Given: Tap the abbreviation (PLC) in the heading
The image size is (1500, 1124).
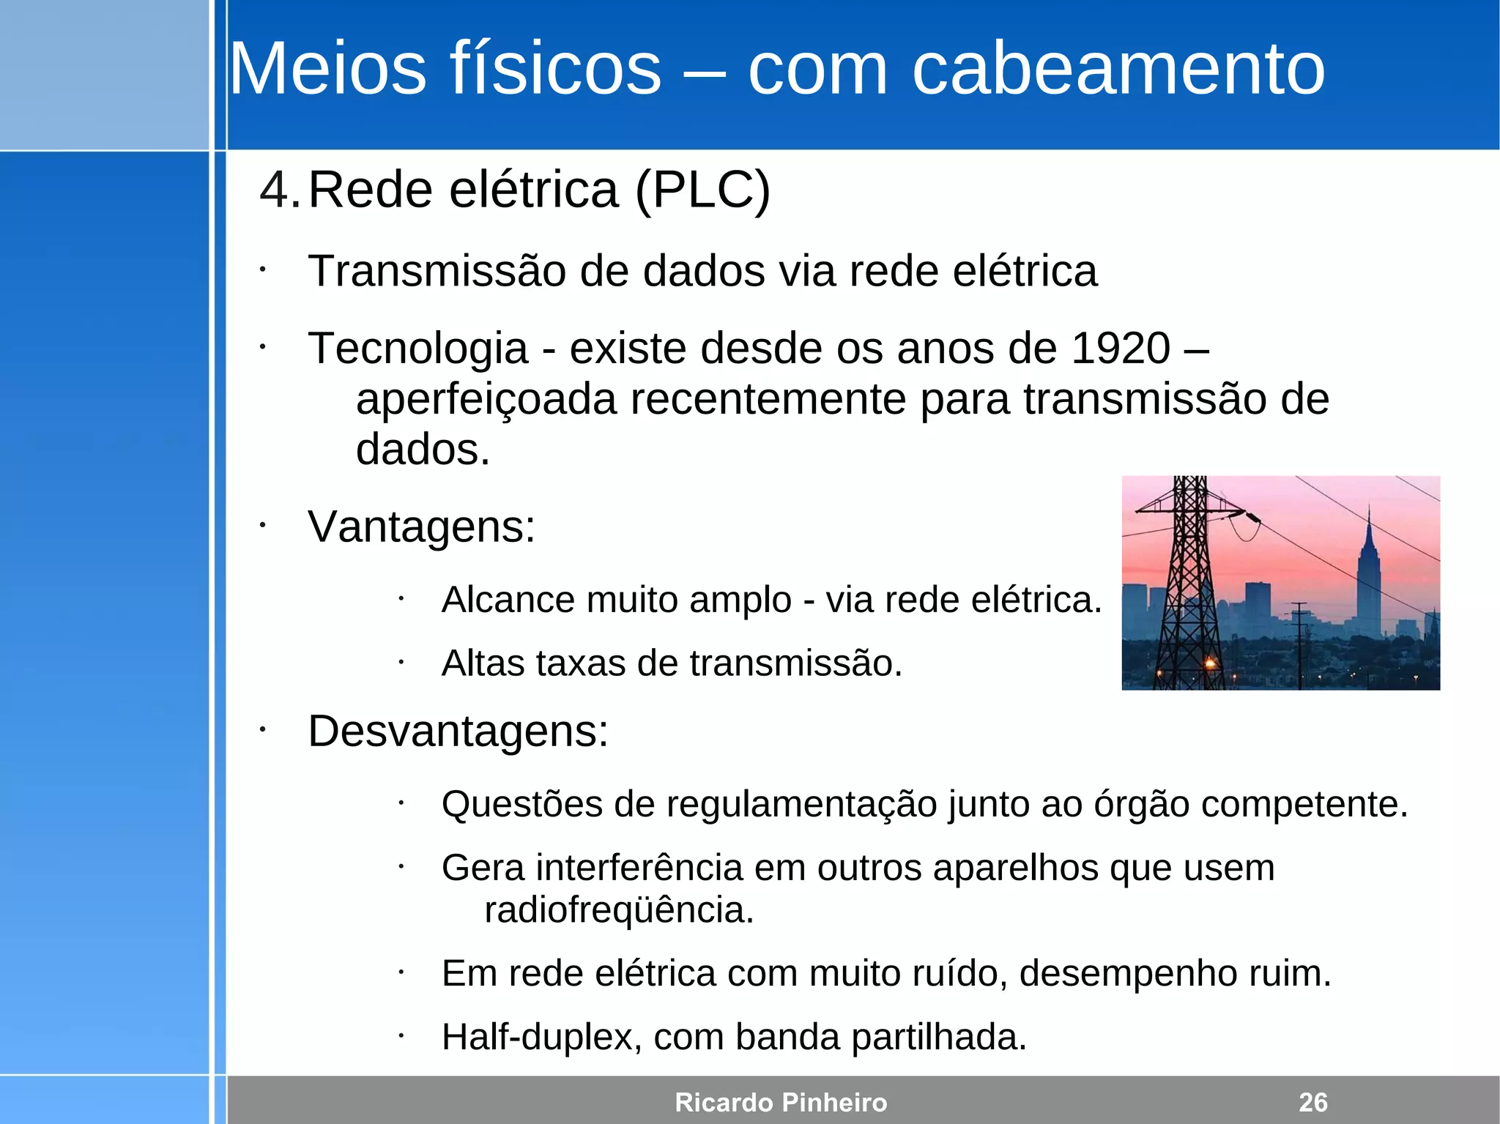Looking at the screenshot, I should click(702, 190).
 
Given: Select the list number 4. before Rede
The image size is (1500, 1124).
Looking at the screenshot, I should click(280, 190).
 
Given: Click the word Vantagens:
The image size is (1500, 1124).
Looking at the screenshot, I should click(422, 526).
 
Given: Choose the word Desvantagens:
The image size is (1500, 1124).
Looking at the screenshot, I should click(458, 732).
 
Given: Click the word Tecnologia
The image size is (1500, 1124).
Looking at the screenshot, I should click(418, 349).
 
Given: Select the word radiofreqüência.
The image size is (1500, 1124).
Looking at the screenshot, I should click(619, 910).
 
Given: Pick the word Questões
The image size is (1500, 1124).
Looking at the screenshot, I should click(522, 805).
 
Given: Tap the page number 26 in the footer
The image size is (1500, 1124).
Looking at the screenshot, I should click(1312, 1102).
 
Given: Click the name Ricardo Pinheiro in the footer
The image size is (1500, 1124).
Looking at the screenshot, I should click(781, 1102).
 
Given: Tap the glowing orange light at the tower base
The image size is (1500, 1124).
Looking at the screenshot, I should click(1210, 663).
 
